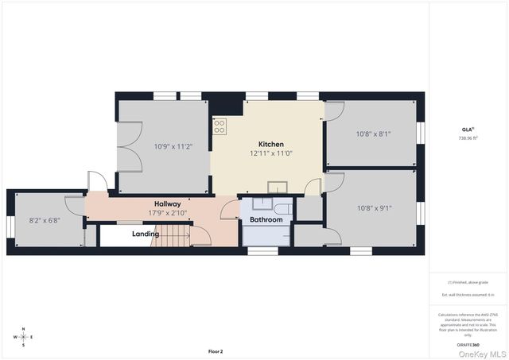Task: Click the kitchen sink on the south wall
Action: coord(278,188)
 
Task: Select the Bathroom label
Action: coord(266,219)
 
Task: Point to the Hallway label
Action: coord(167,203)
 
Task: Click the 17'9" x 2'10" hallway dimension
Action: coord(167,212)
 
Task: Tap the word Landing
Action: coord(146,234)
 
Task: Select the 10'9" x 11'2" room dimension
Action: coord(173,146)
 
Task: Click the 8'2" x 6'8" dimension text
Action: coord(45,220)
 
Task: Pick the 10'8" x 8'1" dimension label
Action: coord(374,134)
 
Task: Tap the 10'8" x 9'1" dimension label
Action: coord(374,208)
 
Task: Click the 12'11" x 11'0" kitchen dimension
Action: coord(271,153)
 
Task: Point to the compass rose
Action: coord(24,336)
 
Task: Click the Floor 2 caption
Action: coord(216,351)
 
